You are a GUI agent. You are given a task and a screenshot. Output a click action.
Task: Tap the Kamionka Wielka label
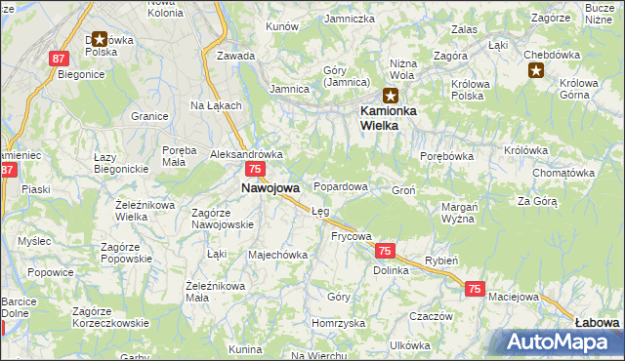391,117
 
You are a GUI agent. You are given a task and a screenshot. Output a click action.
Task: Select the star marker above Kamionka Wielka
391,95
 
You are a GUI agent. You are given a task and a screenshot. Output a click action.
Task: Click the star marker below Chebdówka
536,70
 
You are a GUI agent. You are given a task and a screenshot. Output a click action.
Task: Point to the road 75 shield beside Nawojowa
253,170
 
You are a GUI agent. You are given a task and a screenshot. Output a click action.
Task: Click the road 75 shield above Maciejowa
475,289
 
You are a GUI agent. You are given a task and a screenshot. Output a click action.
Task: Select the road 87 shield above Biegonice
57,59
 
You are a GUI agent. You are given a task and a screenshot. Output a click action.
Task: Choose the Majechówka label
278,255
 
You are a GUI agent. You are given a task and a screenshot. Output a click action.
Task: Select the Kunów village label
281,26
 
